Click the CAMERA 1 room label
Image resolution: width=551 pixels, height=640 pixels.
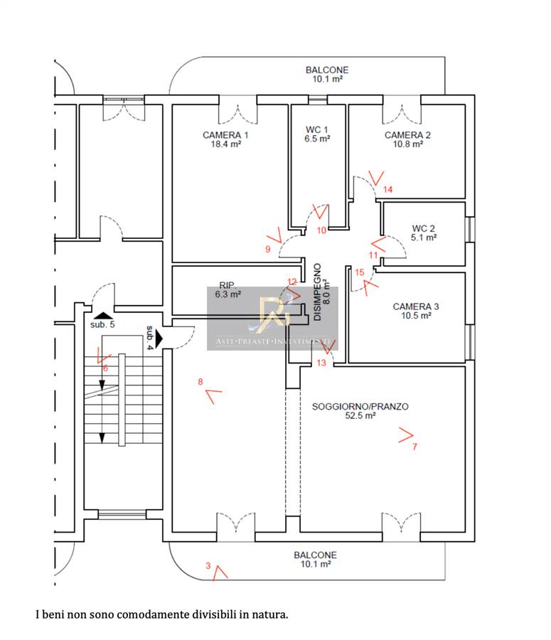click(225, 134)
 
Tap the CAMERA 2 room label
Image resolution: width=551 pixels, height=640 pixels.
click(407, 134)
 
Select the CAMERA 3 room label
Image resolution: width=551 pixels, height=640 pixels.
click(416, 306)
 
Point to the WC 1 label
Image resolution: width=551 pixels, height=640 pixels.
click(317, 129)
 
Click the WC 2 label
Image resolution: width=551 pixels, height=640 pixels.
click(423, 228)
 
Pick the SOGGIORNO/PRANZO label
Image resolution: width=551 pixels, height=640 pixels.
click(360, 407)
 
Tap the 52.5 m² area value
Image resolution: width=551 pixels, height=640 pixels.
click(360, 417)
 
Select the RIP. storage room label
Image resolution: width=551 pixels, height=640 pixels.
click(228, 283)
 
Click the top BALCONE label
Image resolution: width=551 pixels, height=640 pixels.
click(327, 70)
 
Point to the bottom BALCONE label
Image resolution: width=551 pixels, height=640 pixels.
click(316, 555)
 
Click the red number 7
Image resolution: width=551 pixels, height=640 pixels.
click(414, 447)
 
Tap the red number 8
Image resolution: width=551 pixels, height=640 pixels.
click(200, 382)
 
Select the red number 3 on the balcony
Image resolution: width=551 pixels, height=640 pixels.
click(208, 566)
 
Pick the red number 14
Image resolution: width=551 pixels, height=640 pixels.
click(387, 189)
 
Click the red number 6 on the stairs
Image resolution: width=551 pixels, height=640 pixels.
click(105, 368)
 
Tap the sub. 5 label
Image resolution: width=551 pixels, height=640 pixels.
click(102, 324)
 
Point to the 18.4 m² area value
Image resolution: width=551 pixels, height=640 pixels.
click(225, 144)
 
